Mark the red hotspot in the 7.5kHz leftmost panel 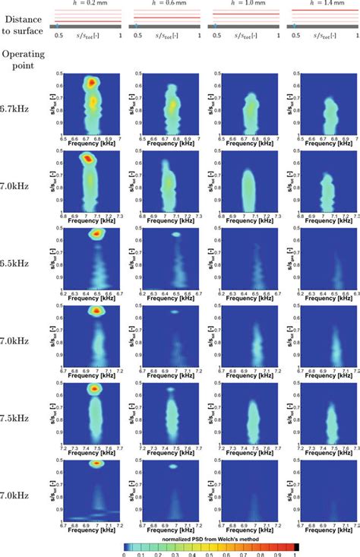(x=95, y=389)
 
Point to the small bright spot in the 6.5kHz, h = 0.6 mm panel (x=176, y=234)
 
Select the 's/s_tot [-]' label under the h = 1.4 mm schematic (x=324, y=36)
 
